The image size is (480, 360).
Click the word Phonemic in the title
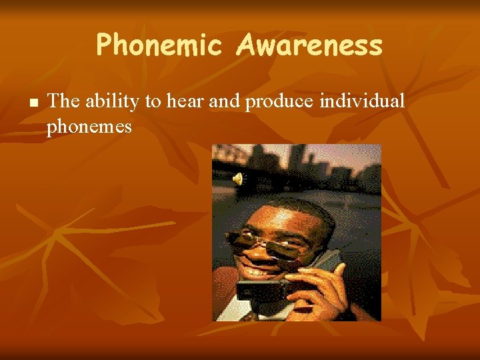[158, 45]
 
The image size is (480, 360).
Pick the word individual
[363, 101]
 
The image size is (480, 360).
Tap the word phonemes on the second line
[89, 125]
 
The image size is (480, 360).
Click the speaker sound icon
[239, 178]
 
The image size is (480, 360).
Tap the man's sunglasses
[270, 243]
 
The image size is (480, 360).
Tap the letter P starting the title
[104, 45]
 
